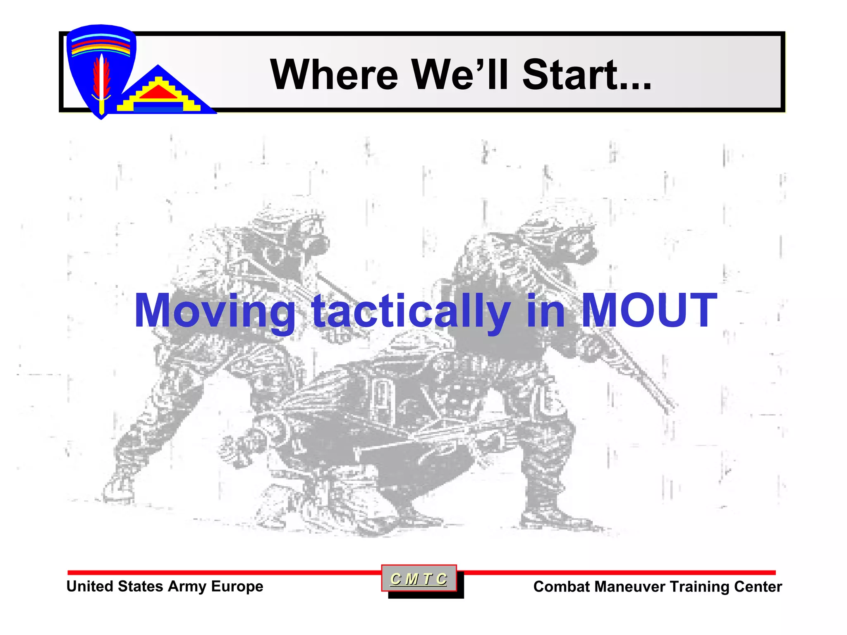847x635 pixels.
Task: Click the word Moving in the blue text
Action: click(x=215, y=311)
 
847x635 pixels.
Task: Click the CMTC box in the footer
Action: click(x=419, y=579)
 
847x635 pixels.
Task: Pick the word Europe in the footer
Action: click(x=237, y=586)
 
